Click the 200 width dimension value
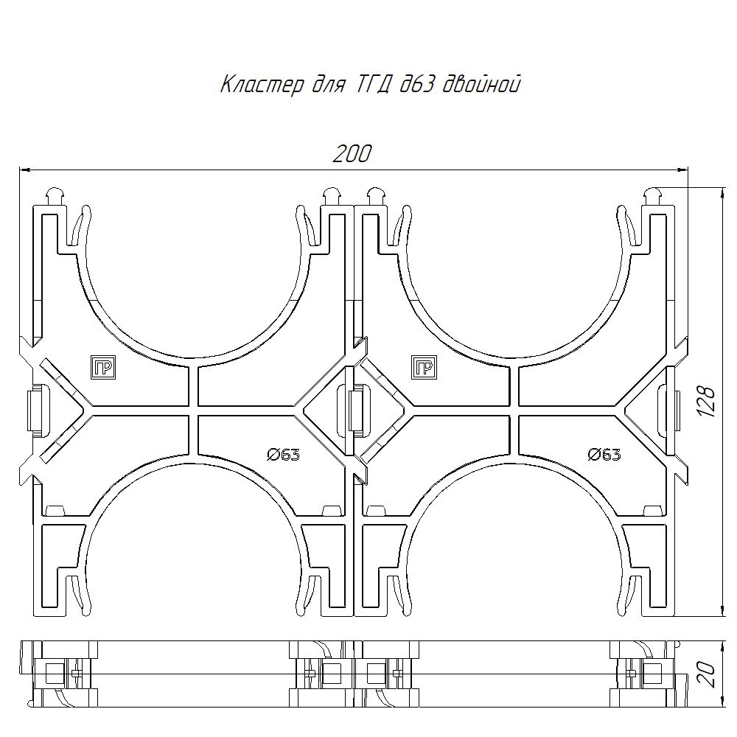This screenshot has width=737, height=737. (x=352, y=154)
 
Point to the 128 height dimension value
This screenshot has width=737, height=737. (x=705, y=401)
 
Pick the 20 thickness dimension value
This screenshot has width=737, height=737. (x=708, y=674)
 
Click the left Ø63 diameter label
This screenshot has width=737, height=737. (x=283, y=455)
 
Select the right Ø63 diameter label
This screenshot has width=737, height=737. (x=604, y=455)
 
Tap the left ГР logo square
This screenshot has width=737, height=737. (x=103, y=367)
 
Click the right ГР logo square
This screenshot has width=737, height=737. (x=424, y=367)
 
